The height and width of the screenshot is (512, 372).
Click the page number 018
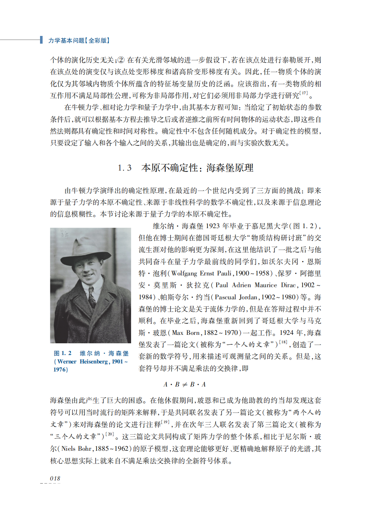coord(55,478)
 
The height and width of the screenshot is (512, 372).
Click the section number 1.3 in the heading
coord(124,168)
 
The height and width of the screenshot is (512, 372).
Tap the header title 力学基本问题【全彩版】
coord(79,40)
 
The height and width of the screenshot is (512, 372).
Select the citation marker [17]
coord(304,94)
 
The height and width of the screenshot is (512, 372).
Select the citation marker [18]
coord(283,342)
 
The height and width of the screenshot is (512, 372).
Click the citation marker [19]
coord(166,422)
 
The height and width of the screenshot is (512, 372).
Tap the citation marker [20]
coord(109,434)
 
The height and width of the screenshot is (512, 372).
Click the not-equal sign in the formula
coord(185,384)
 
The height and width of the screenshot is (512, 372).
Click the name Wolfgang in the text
coord(184,274)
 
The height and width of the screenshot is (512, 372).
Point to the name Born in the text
coord(193,333)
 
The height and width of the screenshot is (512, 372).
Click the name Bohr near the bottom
coord(84,449)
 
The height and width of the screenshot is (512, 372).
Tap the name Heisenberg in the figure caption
coord(94,362)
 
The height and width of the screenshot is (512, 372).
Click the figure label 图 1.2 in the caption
coord(62,353)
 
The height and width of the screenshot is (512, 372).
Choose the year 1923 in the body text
coord(213,226)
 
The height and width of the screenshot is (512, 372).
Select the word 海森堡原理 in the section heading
coord(230,168)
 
